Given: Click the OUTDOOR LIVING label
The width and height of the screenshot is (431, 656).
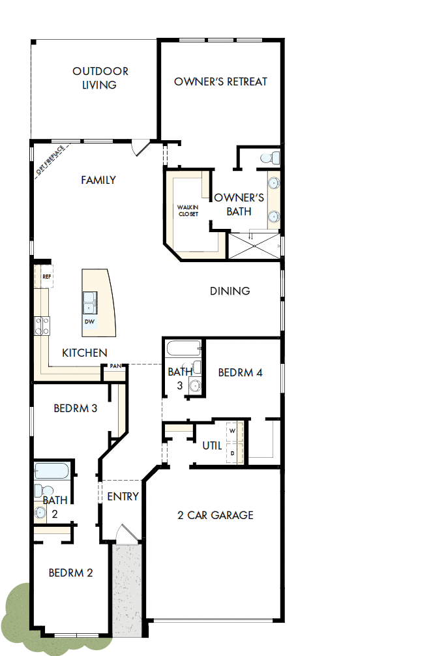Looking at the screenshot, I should [100, 78].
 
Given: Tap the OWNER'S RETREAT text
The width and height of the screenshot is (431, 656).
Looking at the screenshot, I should [220, 82].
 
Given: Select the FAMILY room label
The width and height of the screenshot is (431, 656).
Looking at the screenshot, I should [98, 180].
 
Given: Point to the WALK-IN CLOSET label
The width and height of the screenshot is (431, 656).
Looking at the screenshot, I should [188, 211].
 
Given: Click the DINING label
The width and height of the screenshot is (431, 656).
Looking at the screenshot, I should [230, 291].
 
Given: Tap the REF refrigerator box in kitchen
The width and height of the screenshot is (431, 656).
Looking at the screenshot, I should [46, 276].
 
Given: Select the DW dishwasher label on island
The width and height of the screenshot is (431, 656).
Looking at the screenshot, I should [89, 321].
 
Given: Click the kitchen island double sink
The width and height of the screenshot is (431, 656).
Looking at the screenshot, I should [90, 303].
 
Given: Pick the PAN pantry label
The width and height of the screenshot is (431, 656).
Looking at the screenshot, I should [115, 366].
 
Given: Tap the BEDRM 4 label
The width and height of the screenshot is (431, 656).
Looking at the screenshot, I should [240, 373].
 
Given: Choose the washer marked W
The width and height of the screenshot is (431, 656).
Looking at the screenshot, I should [233, 431].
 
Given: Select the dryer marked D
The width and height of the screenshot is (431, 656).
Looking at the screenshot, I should [233, 452].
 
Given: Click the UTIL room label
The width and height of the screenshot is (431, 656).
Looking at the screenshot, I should [212, 445].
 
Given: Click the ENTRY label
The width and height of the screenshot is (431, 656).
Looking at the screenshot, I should [123, 496].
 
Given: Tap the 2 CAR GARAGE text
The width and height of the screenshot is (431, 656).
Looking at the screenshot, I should [215, 515].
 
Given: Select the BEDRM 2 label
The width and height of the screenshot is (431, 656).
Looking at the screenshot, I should [70, 573].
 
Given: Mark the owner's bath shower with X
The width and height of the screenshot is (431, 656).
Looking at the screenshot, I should [252, 245].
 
